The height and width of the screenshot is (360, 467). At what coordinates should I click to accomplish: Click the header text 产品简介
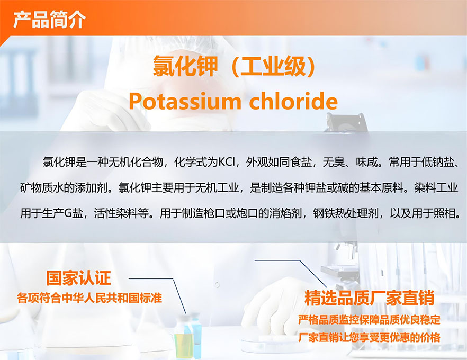click(49, 20)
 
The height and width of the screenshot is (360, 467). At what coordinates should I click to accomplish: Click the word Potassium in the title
click(185, 102)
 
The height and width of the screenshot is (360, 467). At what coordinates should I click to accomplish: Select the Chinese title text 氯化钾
click(185, 66)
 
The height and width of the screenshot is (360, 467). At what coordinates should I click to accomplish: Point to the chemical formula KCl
click(227, 163)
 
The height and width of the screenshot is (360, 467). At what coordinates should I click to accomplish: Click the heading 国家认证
click(78, 278)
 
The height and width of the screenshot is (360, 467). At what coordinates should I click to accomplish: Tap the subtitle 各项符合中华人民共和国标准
click(89, 298)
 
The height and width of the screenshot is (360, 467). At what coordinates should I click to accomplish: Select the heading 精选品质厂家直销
click(369, 298)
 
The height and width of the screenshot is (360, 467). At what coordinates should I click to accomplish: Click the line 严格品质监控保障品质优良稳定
click(370, 320)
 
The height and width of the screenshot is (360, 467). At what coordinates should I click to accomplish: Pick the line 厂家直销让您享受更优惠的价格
click(370, 337)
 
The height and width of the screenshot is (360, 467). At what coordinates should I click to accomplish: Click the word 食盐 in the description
click(301, 163)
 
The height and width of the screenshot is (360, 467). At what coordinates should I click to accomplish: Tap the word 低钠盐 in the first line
click(437, 163)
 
